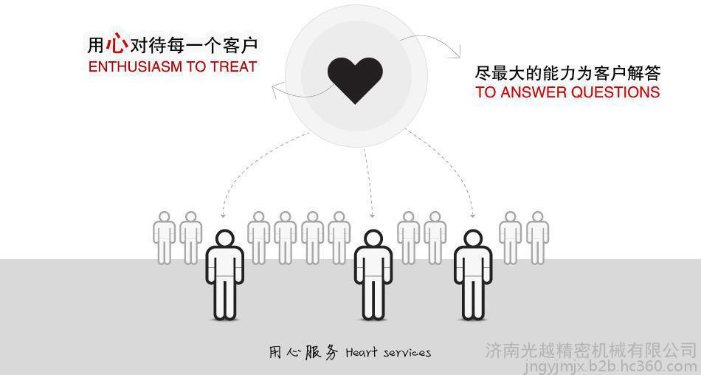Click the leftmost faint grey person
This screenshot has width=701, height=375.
165,236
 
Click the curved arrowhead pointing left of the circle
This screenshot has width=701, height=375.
275,92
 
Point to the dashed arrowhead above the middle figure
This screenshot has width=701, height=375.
373,215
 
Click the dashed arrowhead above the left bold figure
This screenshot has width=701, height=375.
224,216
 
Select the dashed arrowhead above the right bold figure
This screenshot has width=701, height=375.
472,216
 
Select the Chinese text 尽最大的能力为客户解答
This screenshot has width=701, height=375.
567,73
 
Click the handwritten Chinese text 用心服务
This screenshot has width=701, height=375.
303,353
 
